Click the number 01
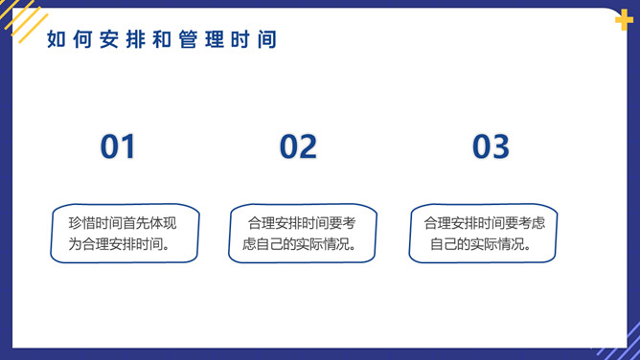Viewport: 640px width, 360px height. point(118,146)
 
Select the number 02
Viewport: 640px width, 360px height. point(298,146)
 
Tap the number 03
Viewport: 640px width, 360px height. point(491,146)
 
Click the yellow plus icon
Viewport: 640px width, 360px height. point(624,20)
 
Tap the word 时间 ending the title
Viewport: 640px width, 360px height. point(255,40)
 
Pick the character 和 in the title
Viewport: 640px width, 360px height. point(161,40)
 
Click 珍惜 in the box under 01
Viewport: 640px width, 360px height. point(81,223)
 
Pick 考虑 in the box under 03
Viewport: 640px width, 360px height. point(531,223)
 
